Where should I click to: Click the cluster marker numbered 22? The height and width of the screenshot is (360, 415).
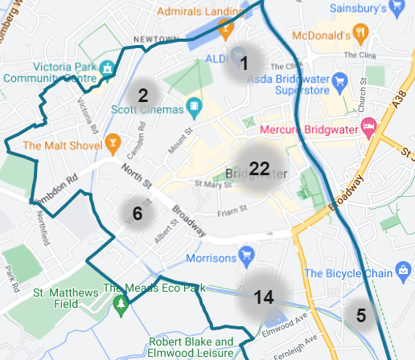click(259, 169)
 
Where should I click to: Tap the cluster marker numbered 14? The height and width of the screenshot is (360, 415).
click(264, 297)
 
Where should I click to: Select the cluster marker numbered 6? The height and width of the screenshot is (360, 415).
click(137, 214)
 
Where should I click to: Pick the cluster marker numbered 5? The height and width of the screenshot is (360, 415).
click(361, 316)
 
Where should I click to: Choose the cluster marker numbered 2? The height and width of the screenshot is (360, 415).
click(143, 96)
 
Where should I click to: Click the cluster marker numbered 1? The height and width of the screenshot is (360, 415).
click(245, 61)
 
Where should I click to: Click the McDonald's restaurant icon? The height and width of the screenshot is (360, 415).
click(364, 35)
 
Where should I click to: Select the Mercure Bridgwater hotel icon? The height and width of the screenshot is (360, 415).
click(369, 127)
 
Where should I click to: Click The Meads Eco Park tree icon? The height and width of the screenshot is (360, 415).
click(121, 304)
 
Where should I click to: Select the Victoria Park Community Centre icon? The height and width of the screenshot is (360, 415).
click(105, 70)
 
